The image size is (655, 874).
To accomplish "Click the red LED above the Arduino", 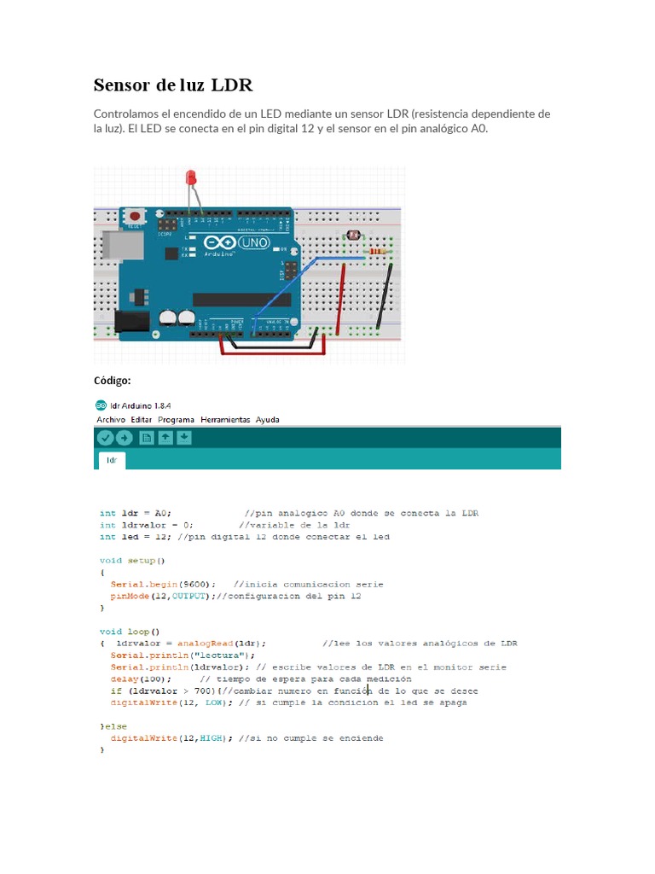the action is (192, 178).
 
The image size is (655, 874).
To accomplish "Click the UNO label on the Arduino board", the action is (254, 243).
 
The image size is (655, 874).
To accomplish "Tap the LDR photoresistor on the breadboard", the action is (356, 252).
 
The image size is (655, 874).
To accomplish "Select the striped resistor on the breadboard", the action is (378, 252).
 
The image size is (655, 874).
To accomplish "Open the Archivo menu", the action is (111, 420).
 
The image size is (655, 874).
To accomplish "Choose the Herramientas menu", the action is (225, 420).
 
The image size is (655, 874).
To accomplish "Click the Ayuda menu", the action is (267, 420).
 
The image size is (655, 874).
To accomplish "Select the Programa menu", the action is (175, 420).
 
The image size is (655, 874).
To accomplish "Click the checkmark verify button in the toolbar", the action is (105, 438).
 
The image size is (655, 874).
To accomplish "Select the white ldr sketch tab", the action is (112, 460).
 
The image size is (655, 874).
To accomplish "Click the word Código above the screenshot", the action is (112, 380).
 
